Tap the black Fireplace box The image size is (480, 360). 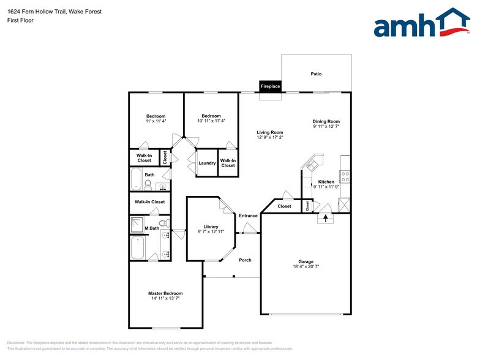pos(270,86)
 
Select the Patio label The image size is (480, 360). pos(316,74)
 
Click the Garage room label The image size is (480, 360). pos(306,261)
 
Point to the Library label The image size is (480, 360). pos(211,227)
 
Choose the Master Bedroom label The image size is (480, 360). pos(165,293)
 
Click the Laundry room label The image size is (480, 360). pos(207,163)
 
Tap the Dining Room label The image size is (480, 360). pos(326,121)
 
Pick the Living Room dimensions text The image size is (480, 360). pos(269,138)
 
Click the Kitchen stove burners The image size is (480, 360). pos(345,177)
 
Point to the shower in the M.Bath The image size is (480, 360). pos(137,225)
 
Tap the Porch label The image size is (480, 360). pos(245,260)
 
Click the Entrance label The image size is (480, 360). pos(248,216)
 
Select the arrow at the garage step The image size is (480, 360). pos(326,216)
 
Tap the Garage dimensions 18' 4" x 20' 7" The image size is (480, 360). pos(306,267)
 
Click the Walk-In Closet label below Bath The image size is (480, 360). pos(149,201)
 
